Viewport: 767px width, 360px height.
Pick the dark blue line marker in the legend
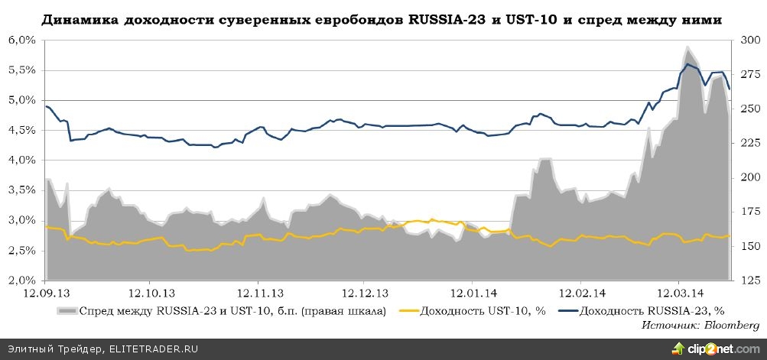pos(567,310)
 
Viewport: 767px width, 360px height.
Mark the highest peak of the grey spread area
pos(687,47)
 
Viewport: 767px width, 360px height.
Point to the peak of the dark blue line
pos(687,63)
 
